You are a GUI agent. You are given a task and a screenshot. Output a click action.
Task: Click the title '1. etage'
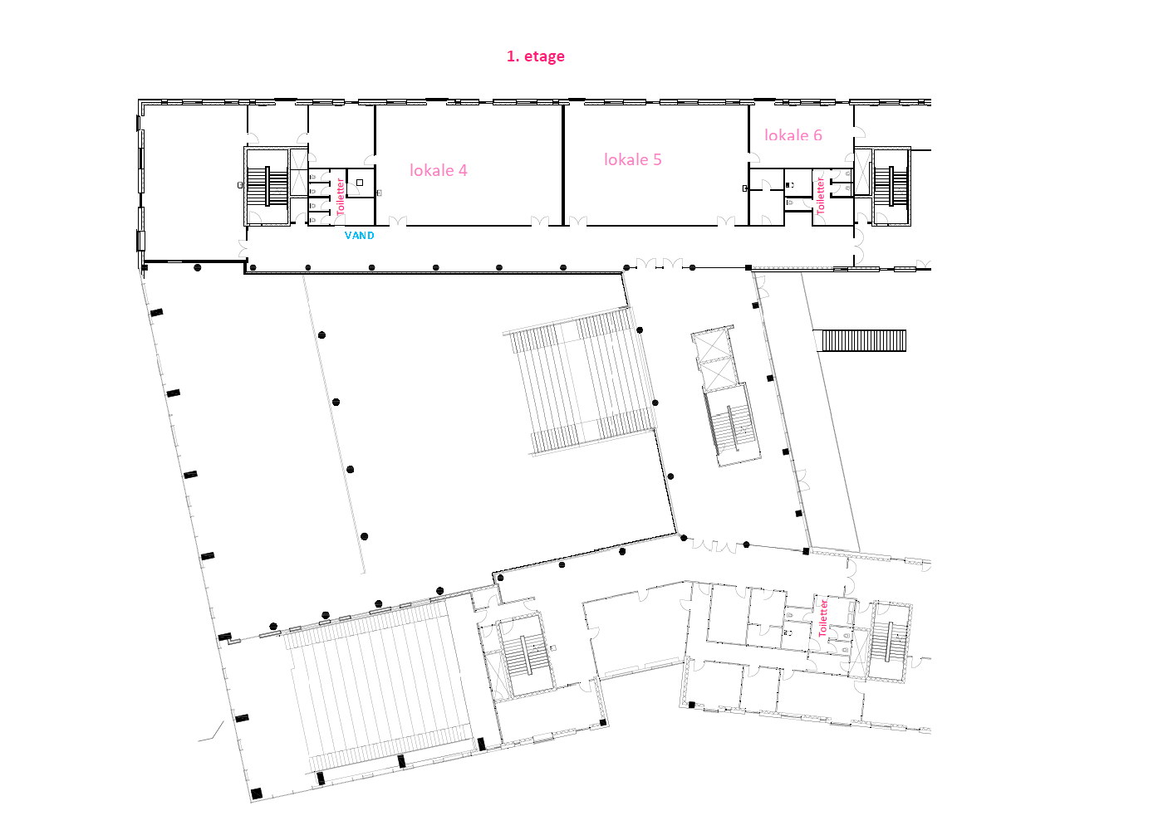pyautogui.click(x=536, y=56)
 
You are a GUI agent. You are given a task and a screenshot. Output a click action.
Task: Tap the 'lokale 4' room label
pyautogui.click(x=439, y=170)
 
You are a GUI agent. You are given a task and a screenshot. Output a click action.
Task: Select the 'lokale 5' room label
pyautogui.click(x=632, y=159)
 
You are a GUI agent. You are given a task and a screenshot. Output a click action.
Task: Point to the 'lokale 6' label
pyautogui.click(x=793, y=135)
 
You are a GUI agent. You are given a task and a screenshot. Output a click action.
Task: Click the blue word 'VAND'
pyautogui.click(x=359, y=236)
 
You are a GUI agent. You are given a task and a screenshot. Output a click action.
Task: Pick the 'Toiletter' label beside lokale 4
pyautogui.click(x=341, y=197)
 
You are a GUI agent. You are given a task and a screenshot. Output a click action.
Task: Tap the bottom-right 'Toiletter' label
pyautogui.click(x=822, y=618)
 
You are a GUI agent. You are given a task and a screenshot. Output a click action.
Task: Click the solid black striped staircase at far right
pyautogui.click(x=864, y=340)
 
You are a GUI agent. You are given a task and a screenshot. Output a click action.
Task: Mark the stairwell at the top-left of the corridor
pyautogui.click(x=267, y=186)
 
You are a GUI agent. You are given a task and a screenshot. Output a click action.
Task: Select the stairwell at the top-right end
pyautogui.click(x=891, y=186)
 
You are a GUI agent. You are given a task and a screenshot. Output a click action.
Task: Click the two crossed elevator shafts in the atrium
pyautogui.click(x=714, y=359)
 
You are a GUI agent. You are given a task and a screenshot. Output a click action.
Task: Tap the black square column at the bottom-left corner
pyautogui.click(x=256, y=793)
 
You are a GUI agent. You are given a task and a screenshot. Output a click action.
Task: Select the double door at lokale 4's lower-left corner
pyautogui.click(x=398, y=222)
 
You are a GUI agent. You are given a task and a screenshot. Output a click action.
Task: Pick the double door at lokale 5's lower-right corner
pyautogui.click(x=726, y=222)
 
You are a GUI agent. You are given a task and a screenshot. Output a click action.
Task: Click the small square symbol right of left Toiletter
pyautogui.click(x=360, y=183)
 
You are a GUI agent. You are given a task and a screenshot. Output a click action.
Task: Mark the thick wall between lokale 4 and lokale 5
pyautogui.click(x=563, y=165)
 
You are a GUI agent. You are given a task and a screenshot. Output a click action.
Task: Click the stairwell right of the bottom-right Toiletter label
pyautogui.click(x=890, y=642)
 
